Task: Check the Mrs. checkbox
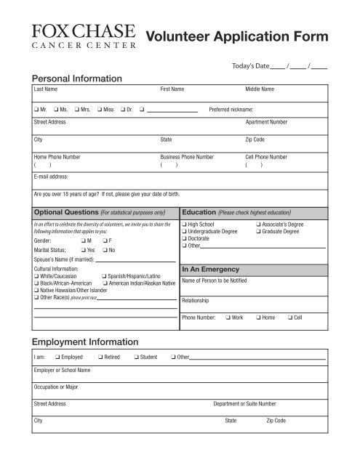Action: (x=76, y=110)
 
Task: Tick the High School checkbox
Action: (x=185, y=225)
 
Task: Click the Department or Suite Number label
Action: (x=244, y=403)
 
